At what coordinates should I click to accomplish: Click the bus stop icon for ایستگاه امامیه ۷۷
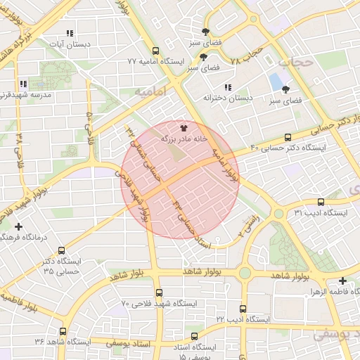(155, 51)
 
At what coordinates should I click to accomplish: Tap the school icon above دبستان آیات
(69, 33)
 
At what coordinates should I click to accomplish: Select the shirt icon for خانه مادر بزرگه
(184, 128)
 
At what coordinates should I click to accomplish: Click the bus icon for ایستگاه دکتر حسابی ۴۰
(288, 137)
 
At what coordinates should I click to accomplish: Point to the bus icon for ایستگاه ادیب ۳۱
(321, 202)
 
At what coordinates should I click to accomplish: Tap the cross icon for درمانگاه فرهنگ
(18, 226)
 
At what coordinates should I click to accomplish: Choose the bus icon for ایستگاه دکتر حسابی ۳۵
(62, 250)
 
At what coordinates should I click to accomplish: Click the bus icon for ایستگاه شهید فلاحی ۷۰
(159, 293)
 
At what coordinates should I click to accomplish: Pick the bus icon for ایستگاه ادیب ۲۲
(243, 309)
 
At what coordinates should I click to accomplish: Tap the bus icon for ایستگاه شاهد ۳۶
(63, 331)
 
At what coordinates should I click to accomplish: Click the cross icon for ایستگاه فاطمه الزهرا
(342, 280)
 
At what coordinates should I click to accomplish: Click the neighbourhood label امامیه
(147, 92)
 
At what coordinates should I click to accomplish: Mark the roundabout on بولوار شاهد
(244, 273)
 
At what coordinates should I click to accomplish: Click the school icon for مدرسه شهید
(23, 84)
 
